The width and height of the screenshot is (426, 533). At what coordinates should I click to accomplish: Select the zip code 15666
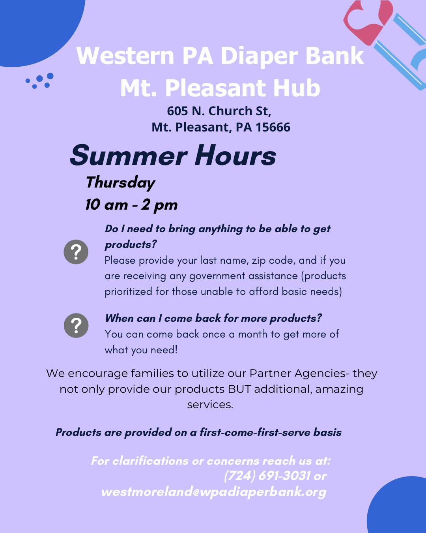pos(273,127)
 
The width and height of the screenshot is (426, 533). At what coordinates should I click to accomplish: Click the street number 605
pos(177,111)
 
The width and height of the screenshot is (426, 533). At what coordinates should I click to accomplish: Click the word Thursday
pos(120,182)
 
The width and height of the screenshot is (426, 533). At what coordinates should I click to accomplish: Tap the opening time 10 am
pos(106,205)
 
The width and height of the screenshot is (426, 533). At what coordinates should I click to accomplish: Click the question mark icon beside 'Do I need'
pos(76,252)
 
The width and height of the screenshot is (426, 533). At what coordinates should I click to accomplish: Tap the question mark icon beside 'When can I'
pos(76,325)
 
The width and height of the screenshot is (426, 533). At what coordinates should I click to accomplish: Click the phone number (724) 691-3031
pos(267,476)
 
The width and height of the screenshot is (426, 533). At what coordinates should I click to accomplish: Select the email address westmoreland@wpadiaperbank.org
pos(213,492)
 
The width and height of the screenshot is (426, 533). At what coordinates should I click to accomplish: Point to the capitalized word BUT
pos(239,389)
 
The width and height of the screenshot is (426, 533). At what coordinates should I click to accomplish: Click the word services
pos(210,405)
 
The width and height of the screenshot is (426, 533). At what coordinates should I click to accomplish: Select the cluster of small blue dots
pos(40,81)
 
